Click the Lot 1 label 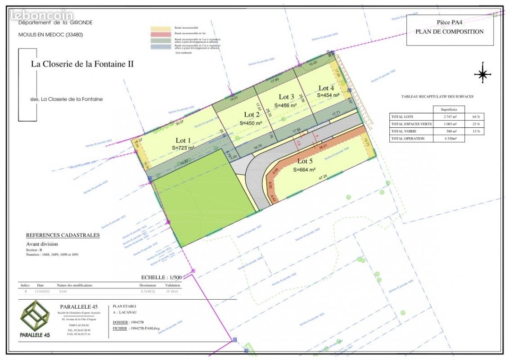tap(183, 140)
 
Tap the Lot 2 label tap(252, 115)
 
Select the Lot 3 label tap(287, 97)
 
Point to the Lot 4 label tap(326, 88)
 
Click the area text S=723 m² tap(183, 148)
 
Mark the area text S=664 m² tap(304, 170)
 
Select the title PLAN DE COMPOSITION tap(449, 31)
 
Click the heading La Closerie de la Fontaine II tap(82, 64)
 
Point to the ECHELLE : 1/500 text tap(161, 278)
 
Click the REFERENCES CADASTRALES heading tap(63, 235)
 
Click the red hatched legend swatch tap(162, 34)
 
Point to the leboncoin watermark tap(42, 15)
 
